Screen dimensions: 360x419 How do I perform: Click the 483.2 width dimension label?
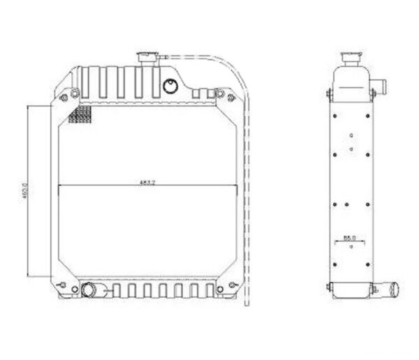[147, 183]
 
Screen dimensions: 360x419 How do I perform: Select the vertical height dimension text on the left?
[24, 190]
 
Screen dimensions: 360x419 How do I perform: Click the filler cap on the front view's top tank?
[148, 57]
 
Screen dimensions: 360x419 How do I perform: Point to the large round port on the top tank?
[169, 87]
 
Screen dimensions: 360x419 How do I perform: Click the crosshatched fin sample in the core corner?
[80, 114]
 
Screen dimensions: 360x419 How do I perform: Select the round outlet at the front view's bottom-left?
[89, 289]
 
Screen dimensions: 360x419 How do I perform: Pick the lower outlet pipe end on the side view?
[395, 288]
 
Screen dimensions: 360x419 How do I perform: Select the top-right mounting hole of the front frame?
[221, 93]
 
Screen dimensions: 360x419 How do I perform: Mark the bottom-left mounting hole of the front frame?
[65, 285]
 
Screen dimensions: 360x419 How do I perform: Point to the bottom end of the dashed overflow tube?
[244, 304]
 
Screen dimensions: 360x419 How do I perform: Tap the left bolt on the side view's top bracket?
[328, 94]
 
